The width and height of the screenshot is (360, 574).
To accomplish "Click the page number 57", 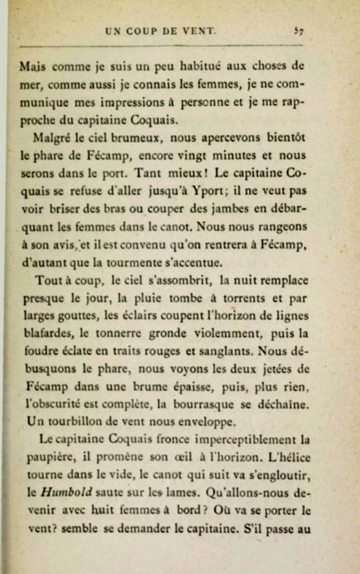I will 300,31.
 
